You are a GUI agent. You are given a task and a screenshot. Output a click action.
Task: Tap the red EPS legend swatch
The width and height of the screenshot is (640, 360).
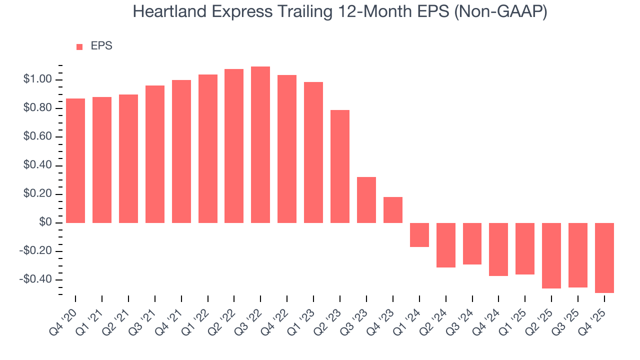click(79, 46)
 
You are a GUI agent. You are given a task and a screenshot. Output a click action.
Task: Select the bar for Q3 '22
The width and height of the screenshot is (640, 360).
click(260, 144)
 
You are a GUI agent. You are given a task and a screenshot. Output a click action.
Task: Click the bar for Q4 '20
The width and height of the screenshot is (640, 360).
click(75, 160)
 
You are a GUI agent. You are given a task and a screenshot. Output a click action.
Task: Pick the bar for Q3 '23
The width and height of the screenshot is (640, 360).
click(366, 200)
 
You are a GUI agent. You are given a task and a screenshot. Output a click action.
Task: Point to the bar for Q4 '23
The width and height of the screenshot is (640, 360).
click(393, 210)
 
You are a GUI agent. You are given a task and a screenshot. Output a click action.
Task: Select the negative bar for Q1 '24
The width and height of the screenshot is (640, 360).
click(419, 235)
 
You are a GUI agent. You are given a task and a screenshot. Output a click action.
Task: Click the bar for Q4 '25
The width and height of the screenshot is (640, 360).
click(604, 257)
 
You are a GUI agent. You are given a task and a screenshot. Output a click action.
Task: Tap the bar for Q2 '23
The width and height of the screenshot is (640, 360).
click(340, 166)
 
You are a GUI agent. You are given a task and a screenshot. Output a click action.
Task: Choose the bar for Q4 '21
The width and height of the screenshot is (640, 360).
click(181, 151)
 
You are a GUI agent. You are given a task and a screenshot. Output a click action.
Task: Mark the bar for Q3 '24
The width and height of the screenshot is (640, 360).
click(472, 243)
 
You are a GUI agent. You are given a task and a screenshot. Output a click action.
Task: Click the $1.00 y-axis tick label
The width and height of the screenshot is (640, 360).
click(37, 79)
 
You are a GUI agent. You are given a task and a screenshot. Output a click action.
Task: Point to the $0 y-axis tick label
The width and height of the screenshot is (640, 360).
click(45, 222)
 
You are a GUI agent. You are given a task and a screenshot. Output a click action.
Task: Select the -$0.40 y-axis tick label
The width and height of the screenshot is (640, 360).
click(36, 279)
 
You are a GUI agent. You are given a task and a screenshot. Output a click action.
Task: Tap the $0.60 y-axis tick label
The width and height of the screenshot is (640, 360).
click(37, 137)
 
